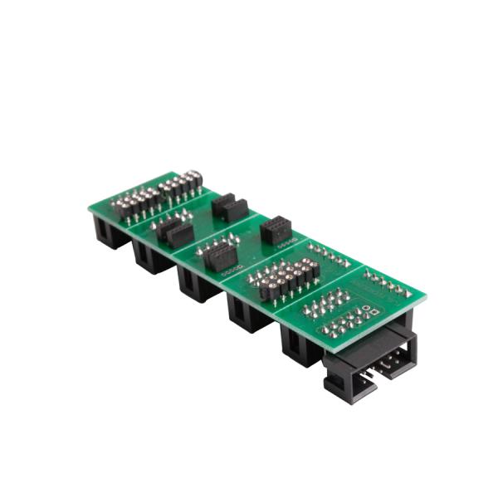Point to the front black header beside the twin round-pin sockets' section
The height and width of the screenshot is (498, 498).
point(175,232)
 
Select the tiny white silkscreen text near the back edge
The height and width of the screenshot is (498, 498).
point(290,245)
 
